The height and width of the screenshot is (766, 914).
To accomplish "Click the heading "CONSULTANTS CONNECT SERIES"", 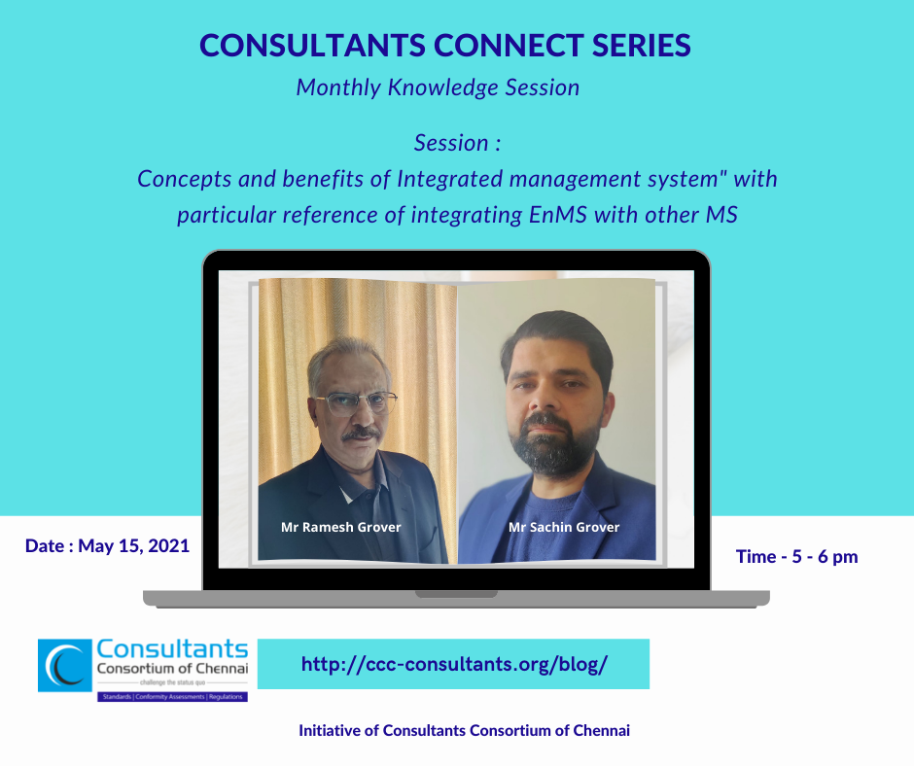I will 444,45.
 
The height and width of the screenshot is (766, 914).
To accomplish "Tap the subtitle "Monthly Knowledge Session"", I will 438,87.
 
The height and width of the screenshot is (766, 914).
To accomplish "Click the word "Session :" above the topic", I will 457,143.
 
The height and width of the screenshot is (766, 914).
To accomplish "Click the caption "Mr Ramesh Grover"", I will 340,527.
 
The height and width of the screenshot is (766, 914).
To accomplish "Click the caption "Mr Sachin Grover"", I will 564,527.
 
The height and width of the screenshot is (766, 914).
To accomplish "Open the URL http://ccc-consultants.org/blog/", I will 454,665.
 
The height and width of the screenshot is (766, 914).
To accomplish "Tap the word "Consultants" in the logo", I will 172,648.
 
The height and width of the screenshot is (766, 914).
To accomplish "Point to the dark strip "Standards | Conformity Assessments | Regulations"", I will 172,697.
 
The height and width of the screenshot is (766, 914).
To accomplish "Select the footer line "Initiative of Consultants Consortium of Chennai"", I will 464,731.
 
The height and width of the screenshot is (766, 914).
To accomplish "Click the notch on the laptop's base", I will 456,593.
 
